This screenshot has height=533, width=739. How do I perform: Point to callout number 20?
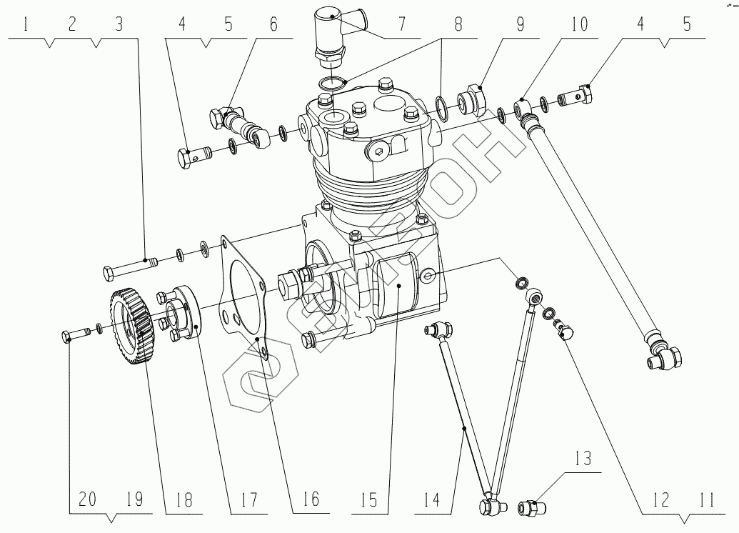[87, 498]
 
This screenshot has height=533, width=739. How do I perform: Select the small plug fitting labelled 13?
[531, 507]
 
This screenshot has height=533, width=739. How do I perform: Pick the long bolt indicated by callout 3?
[129, 269]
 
